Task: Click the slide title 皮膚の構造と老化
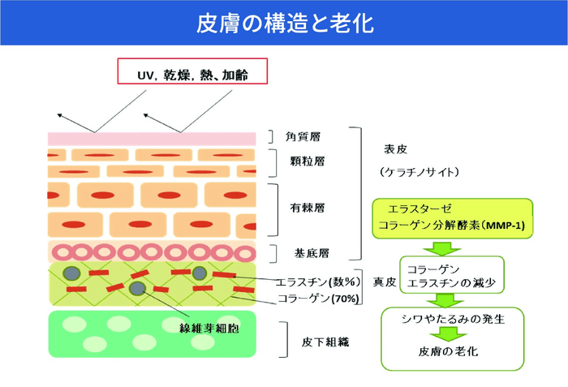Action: (284, 24)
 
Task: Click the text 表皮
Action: (394, 149)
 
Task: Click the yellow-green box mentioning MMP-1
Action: (452, 217)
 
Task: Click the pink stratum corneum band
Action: (151, 139)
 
